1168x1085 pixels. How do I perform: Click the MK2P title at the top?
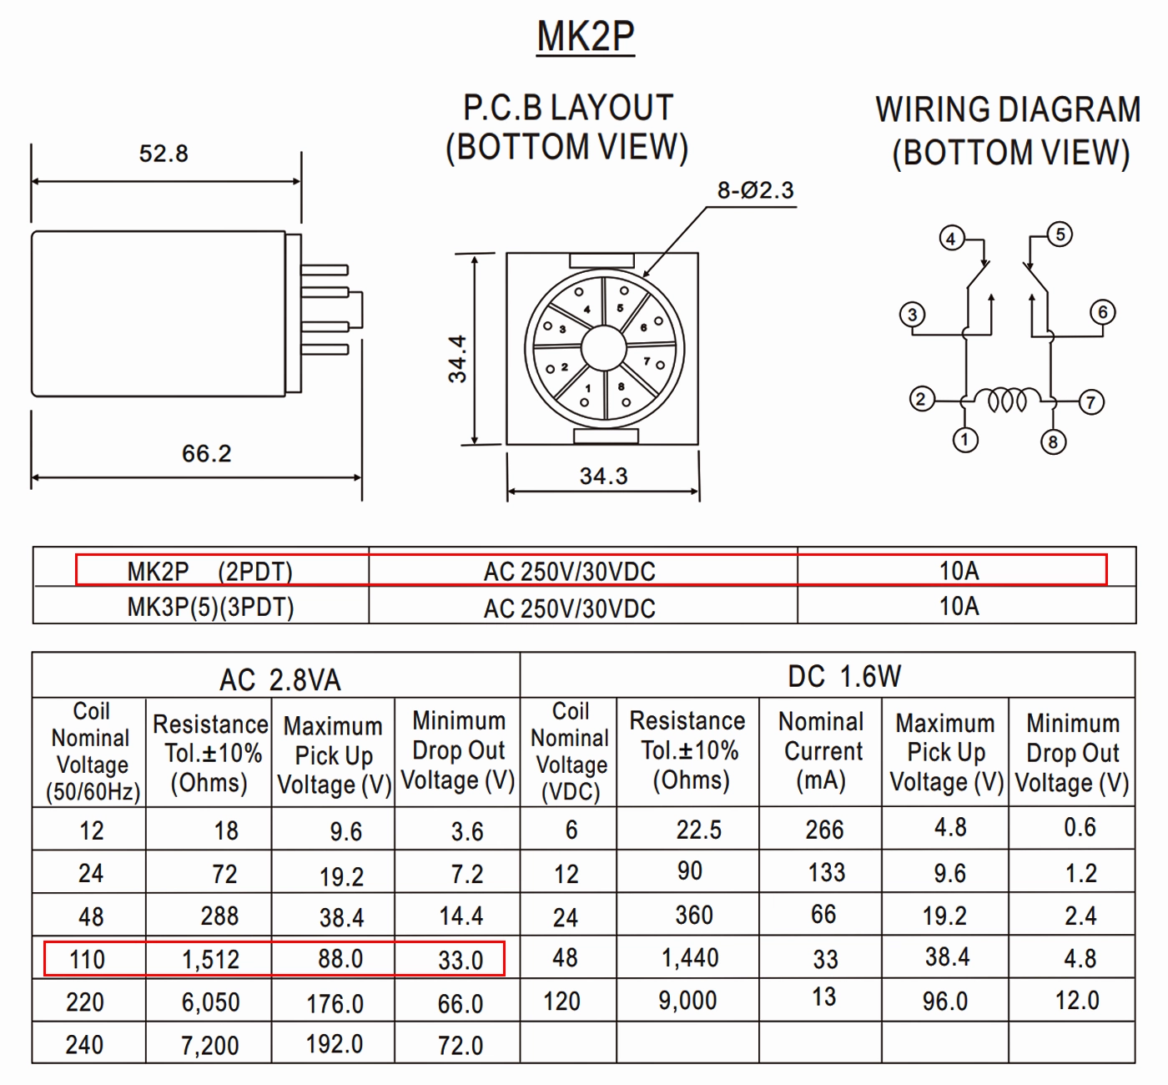pyautogui.click(x=585, y=37)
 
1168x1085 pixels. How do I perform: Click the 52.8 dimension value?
pyautogui.click(x=164, y=154)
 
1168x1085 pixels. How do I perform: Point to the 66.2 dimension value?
pyautogui.click(x=206, y=454)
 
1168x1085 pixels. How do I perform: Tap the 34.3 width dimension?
pyautogui.click(x=603, y=476)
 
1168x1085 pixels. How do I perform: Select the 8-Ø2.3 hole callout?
pyautogui.click(x=755, y=190)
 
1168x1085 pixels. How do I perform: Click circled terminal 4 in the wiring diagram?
pyautogui.click(x=952, y=239)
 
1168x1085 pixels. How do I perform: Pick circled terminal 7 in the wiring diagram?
pyautogui.click(x=1091, y=402)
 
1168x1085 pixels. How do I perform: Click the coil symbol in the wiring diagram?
pyautogui.click(x=1007, y=400)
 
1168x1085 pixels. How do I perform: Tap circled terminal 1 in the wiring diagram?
pyautogui.click(x=964, y=440)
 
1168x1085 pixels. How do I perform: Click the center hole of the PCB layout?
pyautogui.click(x=603, y=348)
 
